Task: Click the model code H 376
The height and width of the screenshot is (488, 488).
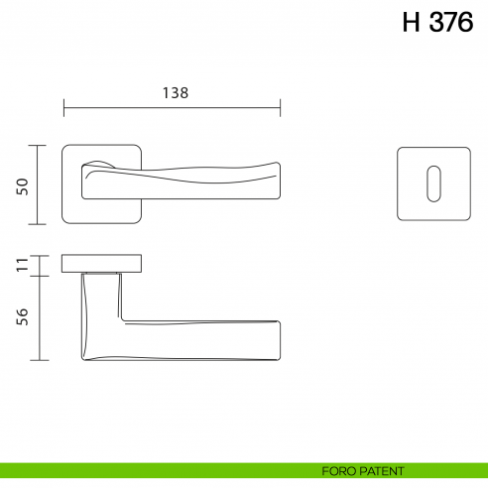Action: point(437,25)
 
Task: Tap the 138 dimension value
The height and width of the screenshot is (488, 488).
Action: point(175,91)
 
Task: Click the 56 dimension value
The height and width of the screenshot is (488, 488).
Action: point(23,316)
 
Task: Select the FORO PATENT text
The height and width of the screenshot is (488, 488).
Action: point(363,471)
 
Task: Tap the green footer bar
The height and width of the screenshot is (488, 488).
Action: point(149,471)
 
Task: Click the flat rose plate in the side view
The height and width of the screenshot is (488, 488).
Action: point(101,263)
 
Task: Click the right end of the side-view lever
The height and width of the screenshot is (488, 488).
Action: point(279,340)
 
